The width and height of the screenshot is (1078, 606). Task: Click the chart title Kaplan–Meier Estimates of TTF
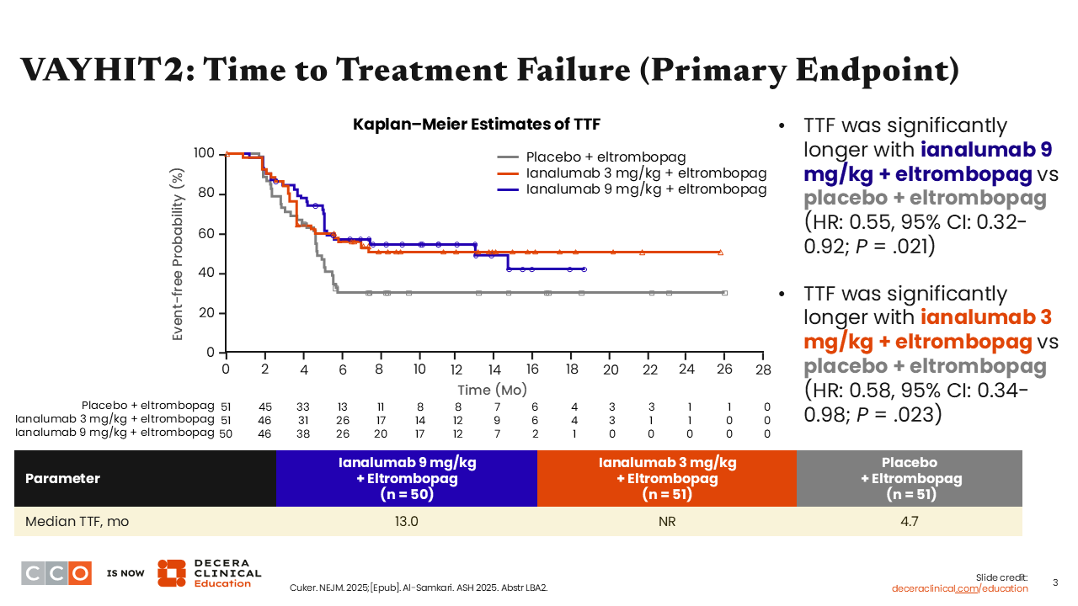click(x=476, y=125)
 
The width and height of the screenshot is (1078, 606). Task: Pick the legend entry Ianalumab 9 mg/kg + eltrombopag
click(x=646, y=189)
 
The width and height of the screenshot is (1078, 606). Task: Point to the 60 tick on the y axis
click(x=205, y=234)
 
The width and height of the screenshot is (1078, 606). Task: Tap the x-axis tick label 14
click(x=495, y=369)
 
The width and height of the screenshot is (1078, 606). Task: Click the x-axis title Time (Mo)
click(x=492, y=390)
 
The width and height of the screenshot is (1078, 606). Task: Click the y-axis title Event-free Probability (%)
click(x=178, y=254)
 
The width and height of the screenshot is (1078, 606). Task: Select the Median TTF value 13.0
click(x=407, y=521)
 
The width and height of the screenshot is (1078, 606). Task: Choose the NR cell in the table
click(x=666, y=521)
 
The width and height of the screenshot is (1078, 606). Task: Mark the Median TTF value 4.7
click(x=909, y=521)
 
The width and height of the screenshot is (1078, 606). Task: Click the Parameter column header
click(x=62, y=478)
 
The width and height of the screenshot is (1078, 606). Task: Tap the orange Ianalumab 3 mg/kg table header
click(x=666, y=478)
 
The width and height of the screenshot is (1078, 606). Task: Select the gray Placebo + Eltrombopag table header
click(x=909, y=478)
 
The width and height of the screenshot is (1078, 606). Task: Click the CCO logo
click(x=56, y=572)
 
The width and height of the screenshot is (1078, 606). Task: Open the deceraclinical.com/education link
click(x=960, y=588)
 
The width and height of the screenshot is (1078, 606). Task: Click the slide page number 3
click(x=1056, y=582)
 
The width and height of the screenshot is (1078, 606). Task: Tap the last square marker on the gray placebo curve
click(x=724, y=293)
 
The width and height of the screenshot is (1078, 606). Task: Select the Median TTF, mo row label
click(x=77, y=521)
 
